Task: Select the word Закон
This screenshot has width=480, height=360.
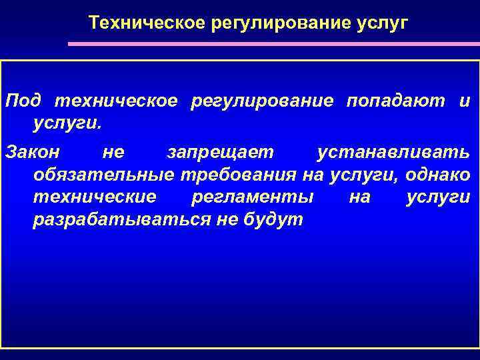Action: [x=32, y=153]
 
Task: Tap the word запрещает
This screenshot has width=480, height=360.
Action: [x=220, y=153]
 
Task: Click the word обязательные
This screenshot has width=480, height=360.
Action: [x=103, y=175]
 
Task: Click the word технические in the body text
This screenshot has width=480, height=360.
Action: [x=94, y=198]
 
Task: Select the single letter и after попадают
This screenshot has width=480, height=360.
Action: [x=464, y=101]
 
